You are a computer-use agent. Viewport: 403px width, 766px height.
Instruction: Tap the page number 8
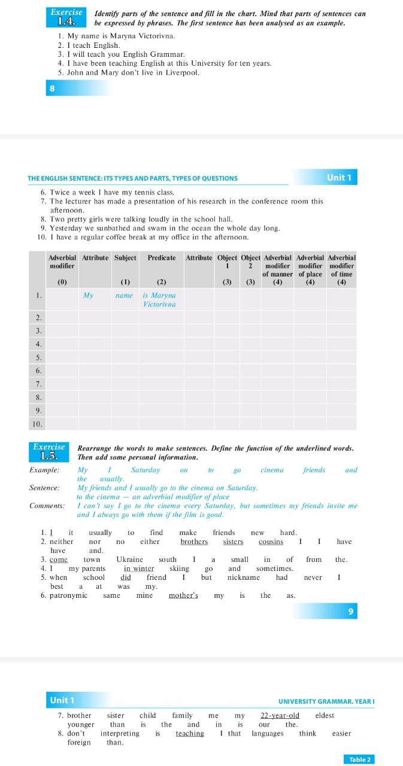pyautogui.click(x=52, y=89)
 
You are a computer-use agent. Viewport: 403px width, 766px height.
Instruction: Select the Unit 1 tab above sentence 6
pyautogui.click(x=340, y=177)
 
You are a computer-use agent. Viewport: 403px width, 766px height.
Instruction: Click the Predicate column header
pyautogui.click(x=162, y=258)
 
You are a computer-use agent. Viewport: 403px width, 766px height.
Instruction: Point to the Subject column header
pyautogui.click(x=125, y=258)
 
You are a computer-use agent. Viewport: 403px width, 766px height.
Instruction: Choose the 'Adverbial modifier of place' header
pyautogui.click(x=310, y=266)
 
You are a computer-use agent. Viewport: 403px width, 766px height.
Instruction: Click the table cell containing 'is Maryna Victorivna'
pyautogui.click(x=160, y=300)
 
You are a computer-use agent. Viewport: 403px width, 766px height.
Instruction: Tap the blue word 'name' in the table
pyautogui.click(x=124, y=296)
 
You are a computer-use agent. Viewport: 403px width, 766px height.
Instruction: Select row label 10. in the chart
pyautogui.click(x=37, y=424)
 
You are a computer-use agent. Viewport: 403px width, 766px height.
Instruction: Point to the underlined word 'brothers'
pyautogui.click(x=194, y=542)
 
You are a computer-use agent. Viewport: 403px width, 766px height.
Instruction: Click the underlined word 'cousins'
pyautogui.click(x=271, y=542)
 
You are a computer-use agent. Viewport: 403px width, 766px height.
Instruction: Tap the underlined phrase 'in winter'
pyautogui.click(x=139, y=569)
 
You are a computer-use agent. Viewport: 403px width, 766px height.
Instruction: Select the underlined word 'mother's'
pyautogui.click(x=183, y=595)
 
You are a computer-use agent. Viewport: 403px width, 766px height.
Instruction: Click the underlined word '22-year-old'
pyautogui.click(x=280, y=715)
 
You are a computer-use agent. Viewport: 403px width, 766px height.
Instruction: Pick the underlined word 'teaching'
pyautogui.click(x=189, y=733)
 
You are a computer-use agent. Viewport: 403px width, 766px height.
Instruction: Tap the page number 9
pyautogui.click(x=351, y=611)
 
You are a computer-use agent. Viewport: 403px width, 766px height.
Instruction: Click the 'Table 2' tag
pyautogui.click(x=360, y=759)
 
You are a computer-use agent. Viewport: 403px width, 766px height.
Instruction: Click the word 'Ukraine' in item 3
pyautogui.click(x=129, y=560)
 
